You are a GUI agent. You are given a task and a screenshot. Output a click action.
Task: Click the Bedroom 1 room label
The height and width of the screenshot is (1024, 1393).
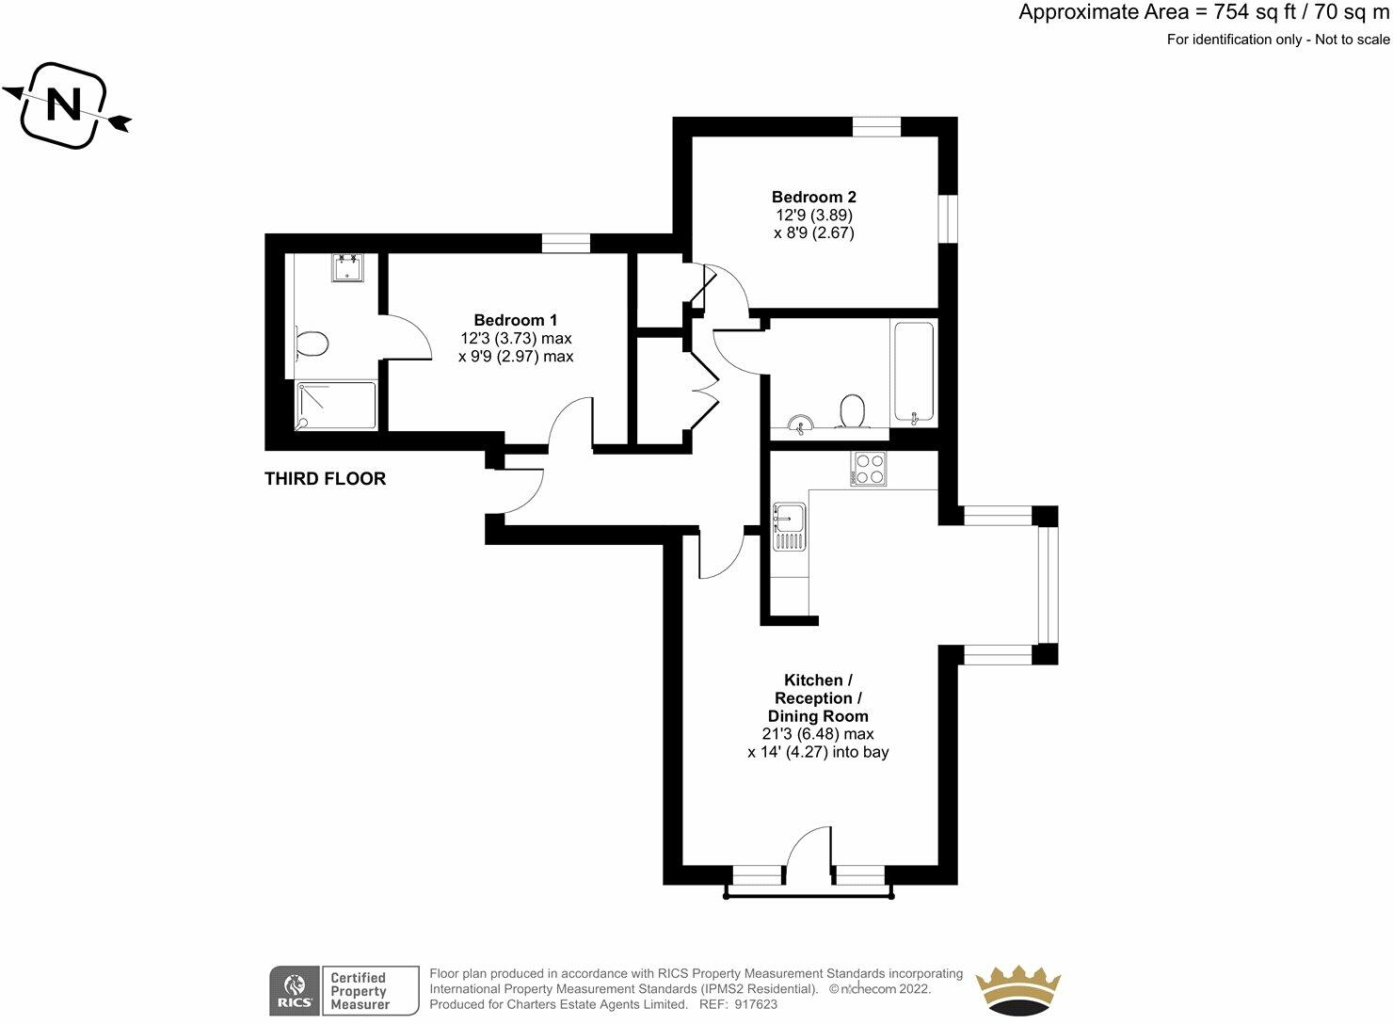515,320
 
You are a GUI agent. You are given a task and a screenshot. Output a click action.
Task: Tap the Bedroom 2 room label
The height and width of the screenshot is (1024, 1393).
813,197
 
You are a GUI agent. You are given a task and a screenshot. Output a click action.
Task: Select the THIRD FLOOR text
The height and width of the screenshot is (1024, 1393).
325,479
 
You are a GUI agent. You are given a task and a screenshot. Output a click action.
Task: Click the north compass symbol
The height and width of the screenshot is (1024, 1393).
65,104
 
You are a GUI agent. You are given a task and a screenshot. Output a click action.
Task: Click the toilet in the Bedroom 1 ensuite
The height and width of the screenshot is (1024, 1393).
311,343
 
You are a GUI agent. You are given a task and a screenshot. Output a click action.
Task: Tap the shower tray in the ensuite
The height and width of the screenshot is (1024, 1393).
337,405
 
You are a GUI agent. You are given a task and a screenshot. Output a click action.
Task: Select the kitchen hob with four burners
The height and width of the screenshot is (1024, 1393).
868,469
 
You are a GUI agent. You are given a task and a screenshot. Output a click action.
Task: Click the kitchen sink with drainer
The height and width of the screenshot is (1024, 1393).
789,526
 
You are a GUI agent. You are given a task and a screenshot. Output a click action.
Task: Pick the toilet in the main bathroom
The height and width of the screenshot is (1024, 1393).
852,410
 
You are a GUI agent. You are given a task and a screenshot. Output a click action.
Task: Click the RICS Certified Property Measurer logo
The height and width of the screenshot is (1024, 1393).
344,991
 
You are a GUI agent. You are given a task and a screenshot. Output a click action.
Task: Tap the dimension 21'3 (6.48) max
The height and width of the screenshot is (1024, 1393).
817,734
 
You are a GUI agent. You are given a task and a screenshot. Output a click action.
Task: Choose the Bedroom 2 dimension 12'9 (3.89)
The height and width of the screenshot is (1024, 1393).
812,215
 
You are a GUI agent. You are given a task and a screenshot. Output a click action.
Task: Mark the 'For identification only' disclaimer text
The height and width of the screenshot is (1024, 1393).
1277,40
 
